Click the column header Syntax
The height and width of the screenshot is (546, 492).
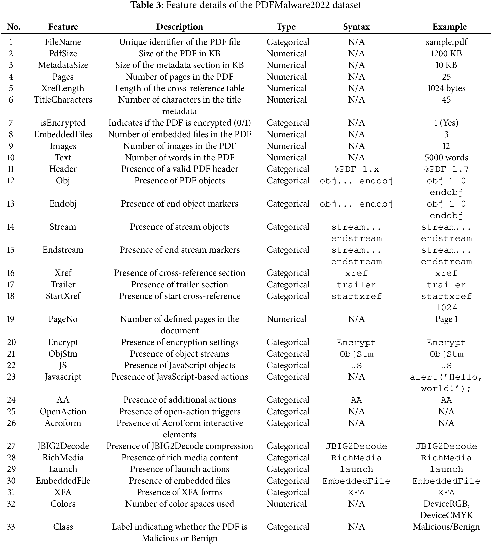356,27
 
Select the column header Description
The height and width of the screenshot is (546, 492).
180,27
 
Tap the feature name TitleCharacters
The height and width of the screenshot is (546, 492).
63,100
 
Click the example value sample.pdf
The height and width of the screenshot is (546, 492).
446,42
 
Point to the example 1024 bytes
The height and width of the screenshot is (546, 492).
446,88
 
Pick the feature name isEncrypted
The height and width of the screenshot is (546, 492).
63,123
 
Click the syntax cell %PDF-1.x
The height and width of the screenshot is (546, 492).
356,169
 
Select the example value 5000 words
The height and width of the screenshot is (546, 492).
446,158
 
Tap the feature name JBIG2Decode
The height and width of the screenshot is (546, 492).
63,446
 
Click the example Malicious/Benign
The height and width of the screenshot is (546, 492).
446,527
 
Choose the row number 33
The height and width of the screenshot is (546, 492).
11,527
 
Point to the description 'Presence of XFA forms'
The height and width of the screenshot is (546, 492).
180,492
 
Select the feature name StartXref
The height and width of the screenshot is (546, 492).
63,296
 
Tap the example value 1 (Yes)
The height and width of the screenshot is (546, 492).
446,123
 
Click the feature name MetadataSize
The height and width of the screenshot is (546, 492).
63,65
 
